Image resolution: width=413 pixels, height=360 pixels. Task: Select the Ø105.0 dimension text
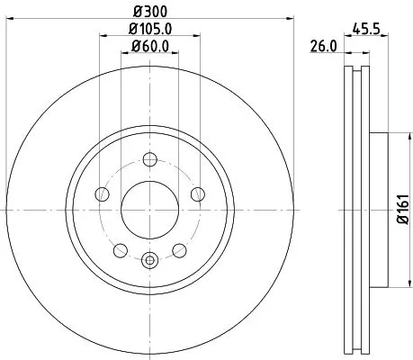(x=150, y=31)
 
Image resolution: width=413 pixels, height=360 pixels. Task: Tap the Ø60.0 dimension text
(x=150, y=47)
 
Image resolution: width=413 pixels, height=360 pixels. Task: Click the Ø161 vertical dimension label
(x=402, y=208)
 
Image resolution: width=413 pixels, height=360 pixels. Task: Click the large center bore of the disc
(x=149, y=208)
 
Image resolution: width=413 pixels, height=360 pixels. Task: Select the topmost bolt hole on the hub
(x=150, y=160)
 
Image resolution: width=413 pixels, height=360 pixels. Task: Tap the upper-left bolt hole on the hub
(x=103, y=193)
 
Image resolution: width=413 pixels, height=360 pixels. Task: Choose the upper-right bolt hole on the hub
(x=196, y=193)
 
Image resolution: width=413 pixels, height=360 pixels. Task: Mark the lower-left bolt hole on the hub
(x=121, y=247)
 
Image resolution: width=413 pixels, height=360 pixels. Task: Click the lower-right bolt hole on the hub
(x=178, y=247)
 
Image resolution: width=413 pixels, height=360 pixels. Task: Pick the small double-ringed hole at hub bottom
(x=149, y=261)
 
